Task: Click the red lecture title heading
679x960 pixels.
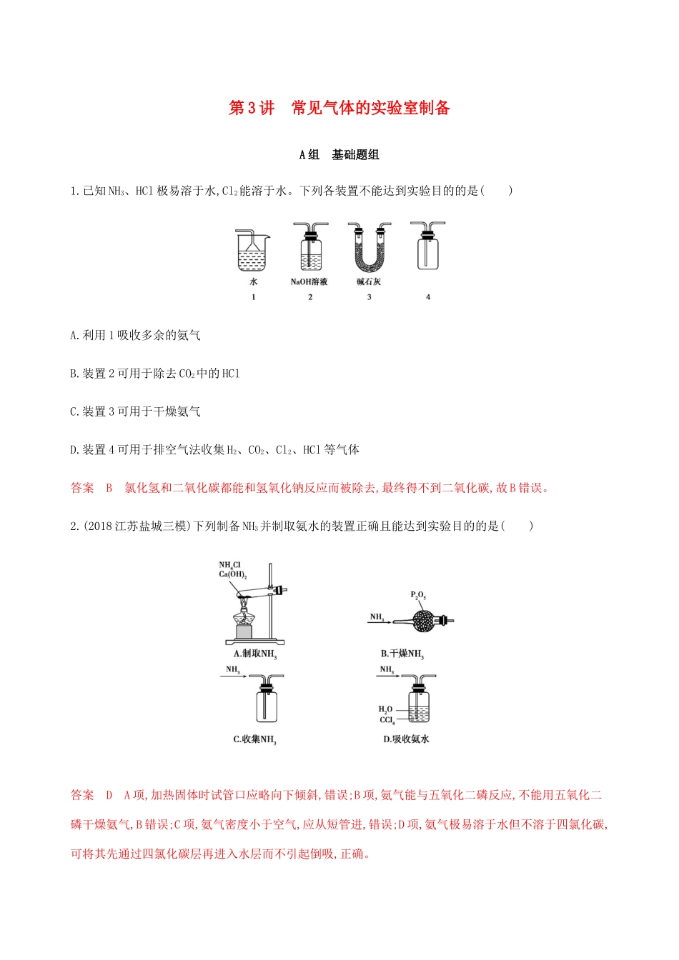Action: click(339, 108)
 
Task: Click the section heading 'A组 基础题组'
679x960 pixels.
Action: click(339, 154)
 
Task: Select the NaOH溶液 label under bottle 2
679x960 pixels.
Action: click(309, 281)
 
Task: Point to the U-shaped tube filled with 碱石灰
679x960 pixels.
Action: click(370, 250)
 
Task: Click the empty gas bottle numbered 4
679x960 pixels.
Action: click(427, 248)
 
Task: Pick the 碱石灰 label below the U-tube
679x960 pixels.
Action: click(369, 281)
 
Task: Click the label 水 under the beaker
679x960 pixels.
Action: click(253, 281)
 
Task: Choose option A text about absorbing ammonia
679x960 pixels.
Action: click(136, 335)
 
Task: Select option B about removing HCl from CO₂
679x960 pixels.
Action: click(155, 373)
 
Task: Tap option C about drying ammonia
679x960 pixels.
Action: click(136, 411)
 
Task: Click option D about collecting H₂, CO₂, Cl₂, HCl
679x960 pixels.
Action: click(214, 449)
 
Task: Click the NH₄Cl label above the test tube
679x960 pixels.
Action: click(229, 565)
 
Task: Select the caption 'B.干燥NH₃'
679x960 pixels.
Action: click(402, 654)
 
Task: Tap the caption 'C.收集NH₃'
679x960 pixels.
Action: click(254, 739)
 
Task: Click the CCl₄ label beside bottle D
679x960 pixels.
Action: click(387, 720)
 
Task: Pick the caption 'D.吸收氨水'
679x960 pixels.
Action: click(406, 739)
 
